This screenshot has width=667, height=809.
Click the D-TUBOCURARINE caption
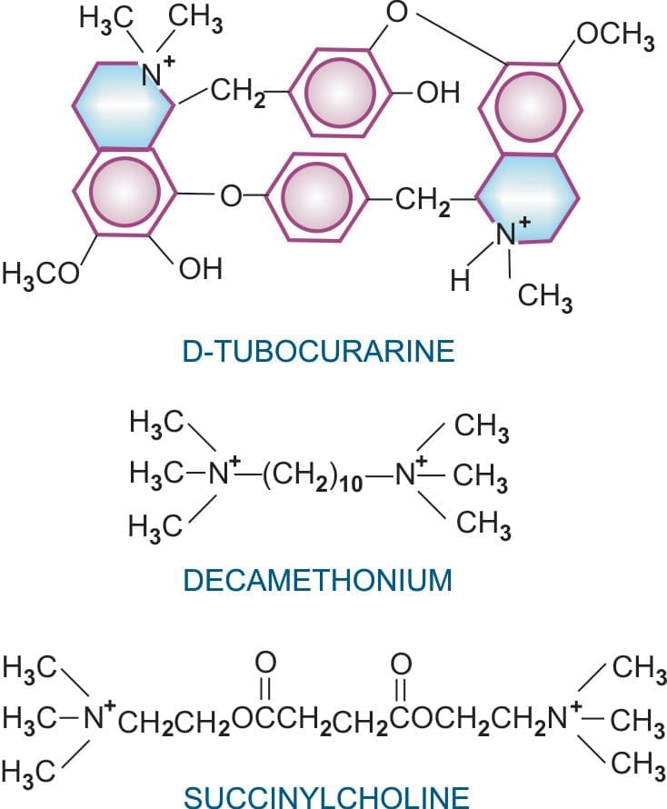point(318,352)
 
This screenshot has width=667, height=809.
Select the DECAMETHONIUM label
point(318,580)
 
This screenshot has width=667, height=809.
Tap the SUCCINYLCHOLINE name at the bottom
point(326,798)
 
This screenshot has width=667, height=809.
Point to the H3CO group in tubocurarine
point(41,274)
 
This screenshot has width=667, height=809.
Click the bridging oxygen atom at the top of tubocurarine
point(397,13)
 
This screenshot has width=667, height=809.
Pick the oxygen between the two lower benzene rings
point(231,195)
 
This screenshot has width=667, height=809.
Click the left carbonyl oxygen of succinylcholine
point(265,664)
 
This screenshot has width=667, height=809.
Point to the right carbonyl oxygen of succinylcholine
point(401,664)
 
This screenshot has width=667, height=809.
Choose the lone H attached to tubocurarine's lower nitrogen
point(460,280)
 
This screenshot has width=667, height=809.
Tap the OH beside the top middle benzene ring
point(438,93)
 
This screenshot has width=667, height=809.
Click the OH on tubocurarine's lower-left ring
point(200,269)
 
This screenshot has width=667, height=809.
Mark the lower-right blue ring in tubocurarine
point(525,197)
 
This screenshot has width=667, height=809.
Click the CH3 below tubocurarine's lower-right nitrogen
point(544,298)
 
